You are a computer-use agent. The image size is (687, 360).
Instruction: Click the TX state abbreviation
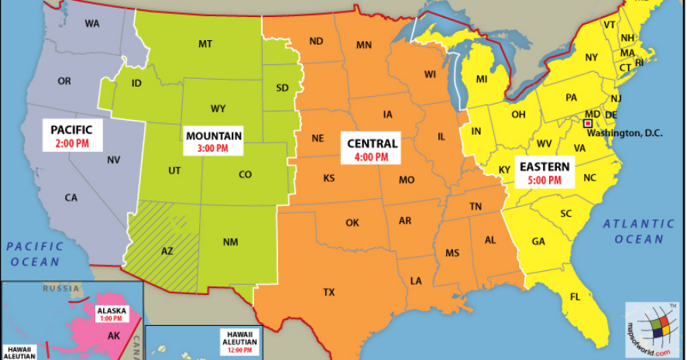(329, 292)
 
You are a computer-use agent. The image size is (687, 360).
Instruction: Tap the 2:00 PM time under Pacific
(72, 144)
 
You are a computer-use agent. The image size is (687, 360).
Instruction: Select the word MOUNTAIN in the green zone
(213, 135)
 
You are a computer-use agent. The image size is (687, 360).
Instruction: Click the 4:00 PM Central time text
(372, 157)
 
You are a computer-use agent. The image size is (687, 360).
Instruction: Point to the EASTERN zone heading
(544, 166)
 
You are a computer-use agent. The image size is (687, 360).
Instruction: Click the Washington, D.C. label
(624, 132)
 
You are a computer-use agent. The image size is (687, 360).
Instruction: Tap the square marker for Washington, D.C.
(589, 122)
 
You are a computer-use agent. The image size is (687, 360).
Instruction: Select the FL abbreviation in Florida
(575, 297)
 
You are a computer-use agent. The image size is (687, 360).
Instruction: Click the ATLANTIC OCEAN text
(639, 231)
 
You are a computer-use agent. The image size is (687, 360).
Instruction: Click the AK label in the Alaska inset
(113, 335)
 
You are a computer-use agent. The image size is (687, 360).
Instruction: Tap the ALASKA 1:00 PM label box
(110, 313)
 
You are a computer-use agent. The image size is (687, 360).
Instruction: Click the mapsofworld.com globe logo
(651, 329)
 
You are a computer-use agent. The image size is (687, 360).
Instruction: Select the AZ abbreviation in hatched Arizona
(167, 251)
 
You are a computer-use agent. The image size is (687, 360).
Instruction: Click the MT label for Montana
(205, 44)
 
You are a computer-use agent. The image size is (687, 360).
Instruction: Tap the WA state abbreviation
(92, 23)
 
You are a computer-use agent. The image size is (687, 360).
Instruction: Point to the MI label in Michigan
(481, 79)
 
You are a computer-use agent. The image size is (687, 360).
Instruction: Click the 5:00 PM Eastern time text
(545, 180)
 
